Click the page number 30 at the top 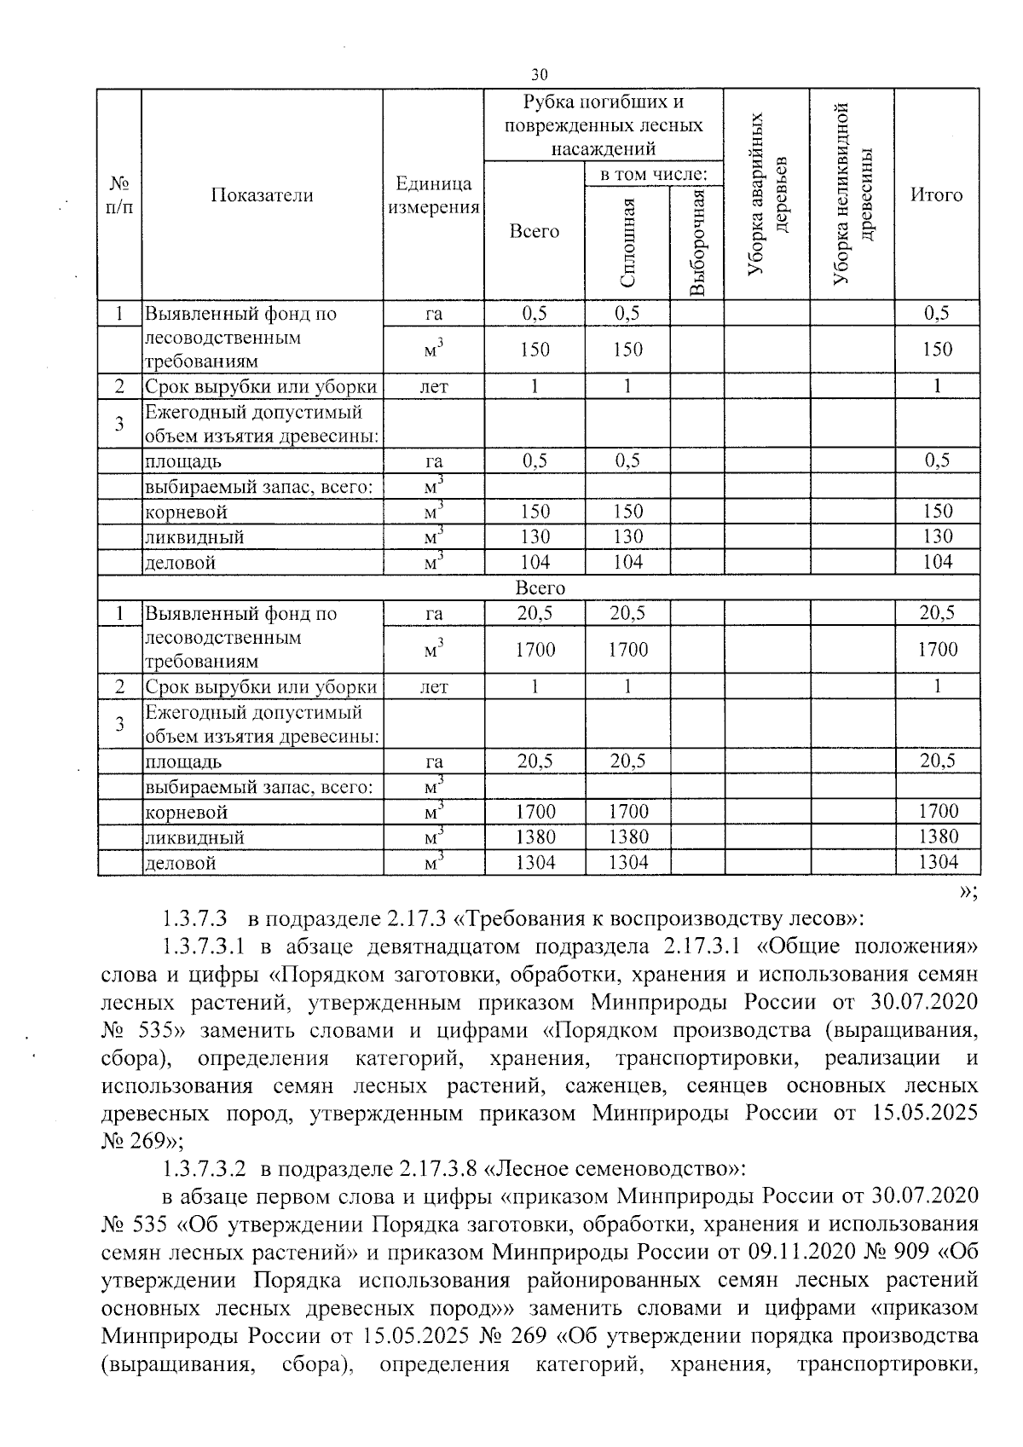click(x=538, y=75)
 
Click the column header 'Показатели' click(x=262, y=195)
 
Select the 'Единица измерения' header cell click(x=433, y=195)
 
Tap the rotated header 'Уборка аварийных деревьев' click(x=766, y=195)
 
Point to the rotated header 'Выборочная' click(x=697, y=242)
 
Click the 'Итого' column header click(x=936, y=195)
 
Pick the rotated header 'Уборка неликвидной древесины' click(x=852, y=195)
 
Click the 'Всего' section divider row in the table click(x=540, y=588)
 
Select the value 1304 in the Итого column click(x=937, y=862)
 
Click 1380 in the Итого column click(x=937, y=836)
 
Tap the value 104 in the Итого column click(x=937, y=562)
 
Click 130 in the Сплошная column click(x=627, y=536)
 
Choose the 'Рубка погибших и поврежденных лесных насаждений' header click(x=603, y=125)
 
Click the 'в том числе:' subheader click(x=653, y=174)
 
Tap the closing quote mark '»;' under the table click(x=967, y=891)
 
